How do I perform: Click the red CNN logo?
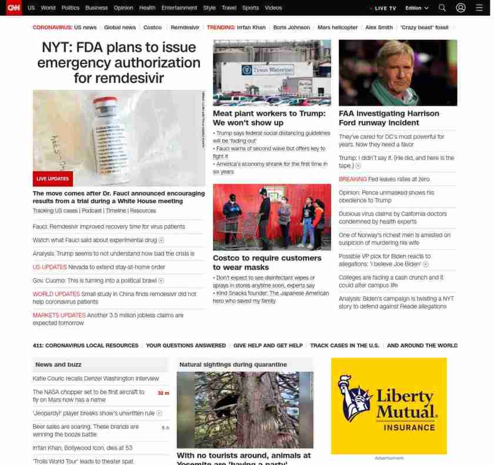click(14, 8)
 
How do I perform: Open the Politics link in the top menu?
click(70, 8)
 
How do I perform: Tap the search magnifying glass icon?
click(442, 8)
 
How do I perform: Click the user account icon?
click(461, 8)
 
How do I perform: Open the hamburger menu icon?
click(479, 8)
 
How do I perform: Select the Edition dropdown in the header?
click(417, 8)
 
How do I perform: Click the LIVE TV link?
click(385, 8)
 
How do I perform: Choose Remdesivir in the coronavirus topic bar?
click(185, 28)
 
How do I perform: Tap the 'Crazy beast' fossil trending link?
click(424, 28)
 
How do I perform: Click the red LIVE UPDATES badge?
click(53, 179)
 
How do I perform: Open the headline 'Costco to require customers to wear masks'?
click(267, 262)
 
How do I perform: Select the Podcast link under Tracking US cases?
click(92, 210)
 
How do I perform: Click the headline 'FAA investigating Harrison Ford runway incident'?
click(389, 118)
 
